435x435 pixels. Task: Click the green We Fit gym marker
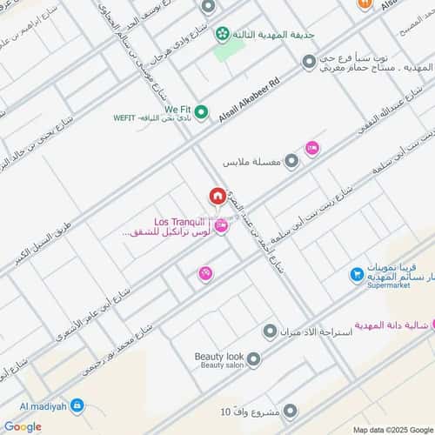(x=202, y=111)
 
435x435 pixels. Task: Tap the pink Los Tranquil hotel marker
(x=221, y=226)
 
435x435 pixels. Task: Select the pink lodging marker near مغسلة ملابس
(x=312, y=149)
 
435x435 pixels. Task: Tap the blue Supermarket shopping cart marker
(x=356, y=275)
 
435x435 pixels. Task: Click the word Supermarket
(x=391, y=284)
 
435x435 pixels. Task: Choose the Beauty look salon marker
(x=253, y=358)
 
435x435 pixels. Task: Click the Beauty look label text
(x=219, y=357)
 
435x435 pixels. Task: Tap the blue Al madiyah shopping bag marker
(x=77, y=405)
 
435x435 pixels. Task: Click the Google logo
(x=22, y=426)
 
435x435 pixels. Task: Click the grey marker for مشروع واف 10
(x=291, y=411)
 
